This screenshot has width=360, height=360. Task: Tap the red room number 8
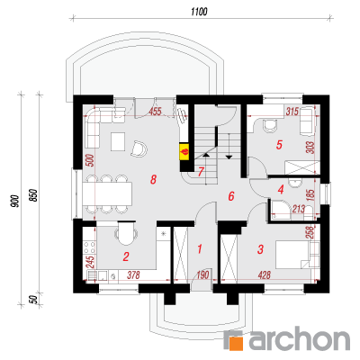(153, 180)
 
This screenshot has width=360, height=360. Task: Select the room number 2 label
(126, 256)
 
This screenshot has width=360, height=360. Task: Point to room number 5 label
(279, 145)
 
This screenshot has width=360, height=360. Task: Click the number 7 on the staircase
(201, 172)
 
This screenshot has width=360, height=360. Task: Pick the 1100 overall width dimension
(199, 12)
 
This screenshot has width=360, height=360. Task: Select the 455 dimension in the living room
(155, 112)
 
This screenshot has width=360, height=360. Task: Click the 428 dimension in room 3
(265, 274)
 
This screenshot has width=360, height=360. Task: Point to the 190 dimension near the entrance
(202, 274)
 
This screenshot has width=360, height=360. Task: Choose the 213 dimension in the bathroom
(299, 209)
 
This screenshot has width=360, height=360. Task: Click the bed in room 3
(298, 255)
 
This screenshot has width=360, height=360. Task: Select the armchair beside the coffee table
(139, 148)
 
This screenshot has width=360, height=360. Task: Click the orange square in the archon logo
(236, 343)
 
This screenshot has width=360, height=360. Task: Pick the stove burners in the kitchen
(89, 248)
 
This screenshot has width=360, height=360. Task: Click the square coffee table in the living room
(118, 141)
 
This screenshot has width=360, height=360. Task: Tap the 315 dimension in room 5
(292, 112)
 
